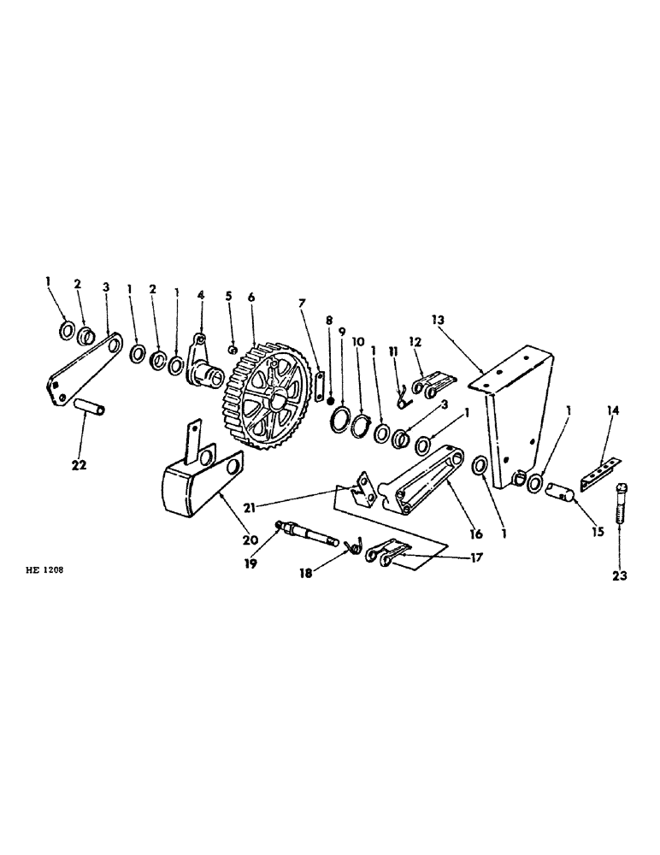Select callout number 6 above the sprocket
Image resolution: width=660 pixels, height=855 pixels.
coord(251,297)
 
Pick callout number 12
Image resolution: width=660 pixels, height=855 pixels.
coord(416,342)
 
